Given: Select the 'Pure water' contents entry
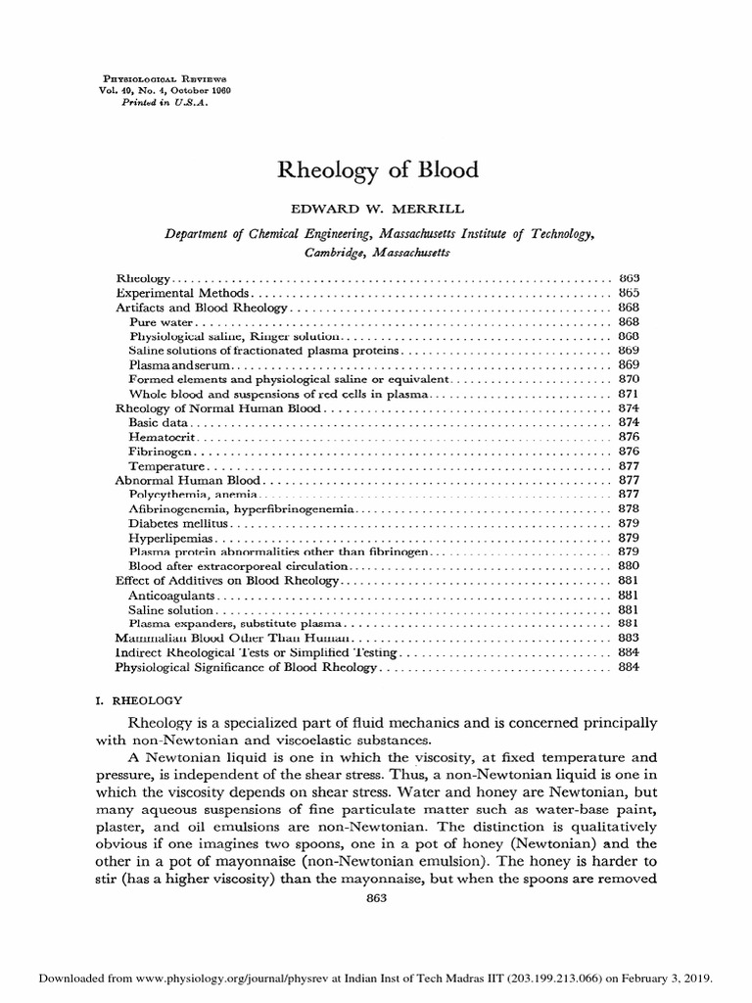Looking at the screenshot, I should (x=162, y=321).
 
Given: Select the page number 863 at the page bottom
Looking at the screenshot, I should (x=376, y=899).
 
